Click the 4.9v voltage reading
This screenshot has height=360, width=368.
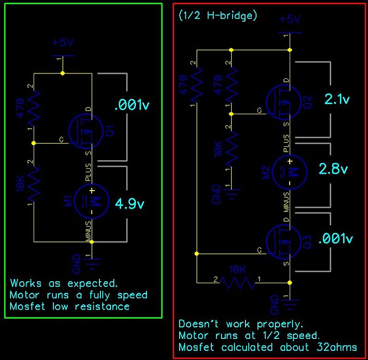pyautogui.click(x=129, y=204)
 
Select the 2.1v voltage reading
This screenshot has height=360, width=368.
pyautogui.click(x=337, y=99)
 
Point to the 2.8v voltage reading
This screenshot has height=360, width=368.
pyautogui.click(x=332, y=169)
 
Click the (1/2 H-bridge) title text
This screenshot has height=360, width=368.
pyautogui.click(x=218, y=15)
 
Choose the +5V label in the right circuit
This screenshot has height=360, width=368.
pyautogui.click(x=289, y=19)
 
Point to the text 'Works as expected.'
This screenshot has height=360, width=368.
pyautogui.click(x=64, y=283)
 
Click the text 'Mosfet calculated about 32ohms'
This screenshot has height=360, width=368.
pyautogui.click(x=267, y=347)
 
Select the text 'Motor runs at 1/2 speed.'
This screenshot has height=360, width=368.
pyautogui.click(x=249, y=335)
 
